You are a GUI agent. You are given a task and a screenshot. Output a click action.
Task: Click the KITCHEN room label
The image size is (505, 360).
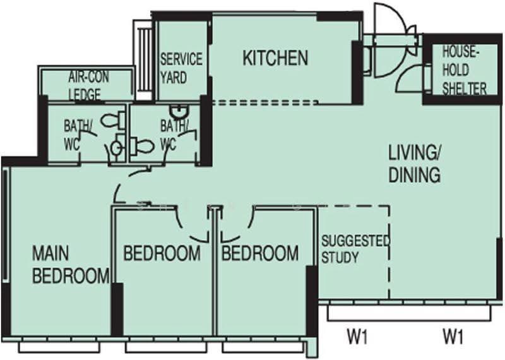(x=275, y=58)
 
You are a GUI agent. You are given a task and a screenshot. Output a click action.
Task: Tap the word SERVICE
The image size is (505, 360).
(x=181, y=59)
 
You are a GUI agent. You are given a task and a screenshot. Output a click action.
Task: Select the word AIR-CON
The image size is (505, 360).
(x=88, y=77)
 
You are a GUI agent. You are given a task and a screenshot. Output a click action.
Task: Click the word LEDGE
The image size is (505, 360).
(x=85, y=95)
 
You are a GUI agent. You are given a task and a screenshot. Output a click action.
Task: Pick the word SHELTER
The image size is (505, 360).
(x=464, y=88)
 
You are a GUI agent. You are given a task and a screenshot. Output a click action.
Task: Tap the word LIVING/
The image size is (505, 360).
(x=413, y=153)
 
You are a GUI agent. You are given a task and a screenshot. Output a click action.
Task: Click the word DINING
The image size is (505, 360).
(x=415, y=175)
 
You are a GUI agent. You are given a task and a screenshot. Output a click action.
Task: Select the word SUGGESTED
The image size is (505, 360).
(x=355, y=241)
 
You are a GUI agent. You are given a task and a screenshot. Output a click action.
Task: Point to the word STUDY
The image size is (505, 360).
(x=340, y=258)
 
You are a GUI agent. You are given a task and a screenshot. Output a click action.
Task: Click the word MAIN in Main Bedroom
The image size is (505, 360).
(x=50, y=253)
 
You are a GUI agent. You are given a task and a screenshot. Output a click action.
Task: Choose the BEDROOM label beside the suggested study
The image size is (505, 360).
(x=260, y=253)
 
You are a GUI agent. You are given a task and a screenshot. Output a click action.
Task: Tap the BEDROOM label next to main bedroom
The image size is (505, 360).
(x=162, y=253)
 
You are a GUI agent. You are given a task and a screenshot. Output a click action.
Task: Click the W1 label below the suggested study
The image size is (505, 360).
(x=357, y=337)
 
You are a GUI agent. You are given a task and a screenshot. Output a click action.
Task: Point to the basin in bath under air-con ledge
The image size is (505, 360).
(x=117, y=148)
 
